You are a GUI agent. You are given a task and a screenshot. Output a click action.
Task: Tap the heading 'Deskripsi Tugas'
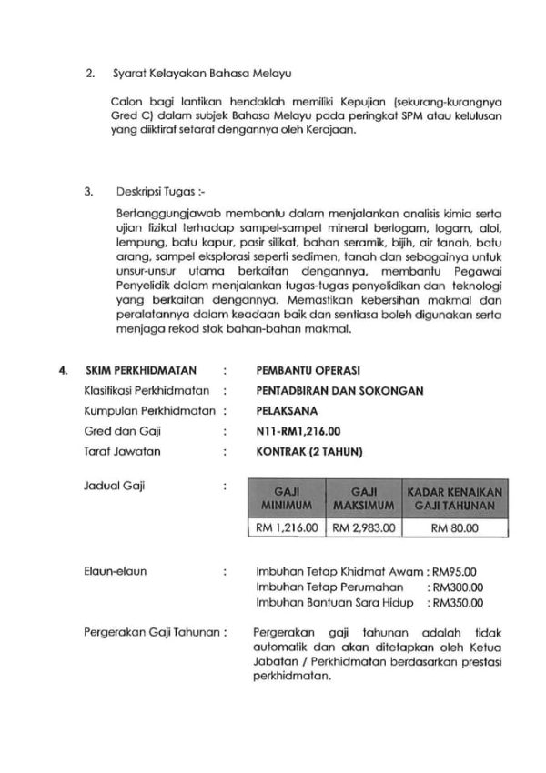(156, 192)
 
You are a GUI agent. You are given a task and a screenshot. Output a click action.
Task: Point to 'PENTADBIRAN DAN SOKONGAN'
(340, 390)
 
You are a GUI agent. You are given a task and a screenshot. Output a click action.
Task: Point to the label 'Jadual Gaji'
(108, 487)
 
